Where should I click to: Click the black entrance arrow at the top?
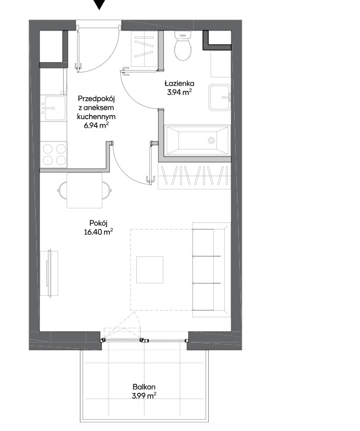tap(99, 4)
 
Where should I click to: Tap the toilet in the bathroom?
tap(183, 45)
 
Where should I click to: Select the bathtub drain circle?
tap(211, 140)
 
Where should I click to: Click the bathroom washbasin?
tap(220, 97)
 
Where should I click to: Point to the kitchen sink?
tap(53, 108)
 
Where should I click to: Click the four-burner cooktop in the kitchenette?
tap(54, 154)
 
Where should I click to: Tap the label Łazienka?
tap(179, 83)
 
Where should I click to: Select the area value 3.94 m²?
tap(179, 92)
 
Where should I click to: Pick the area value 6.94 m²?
tap(96, 125)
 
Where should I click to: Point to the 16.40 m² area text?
tap(98, 232)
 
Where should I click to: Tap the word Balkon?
tap(144, 387)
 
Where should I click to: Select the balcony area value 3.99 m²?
tap(144, 396)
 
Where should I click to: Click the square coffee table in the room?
tap(150, 270)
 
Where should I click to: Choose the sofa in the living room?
tap(211, 270)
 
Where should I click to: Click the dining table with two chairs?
tap(85, 190)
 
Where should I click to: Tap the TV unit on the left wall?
tap(49, 273)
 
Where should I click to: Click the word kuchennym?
tap(96, 117)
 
